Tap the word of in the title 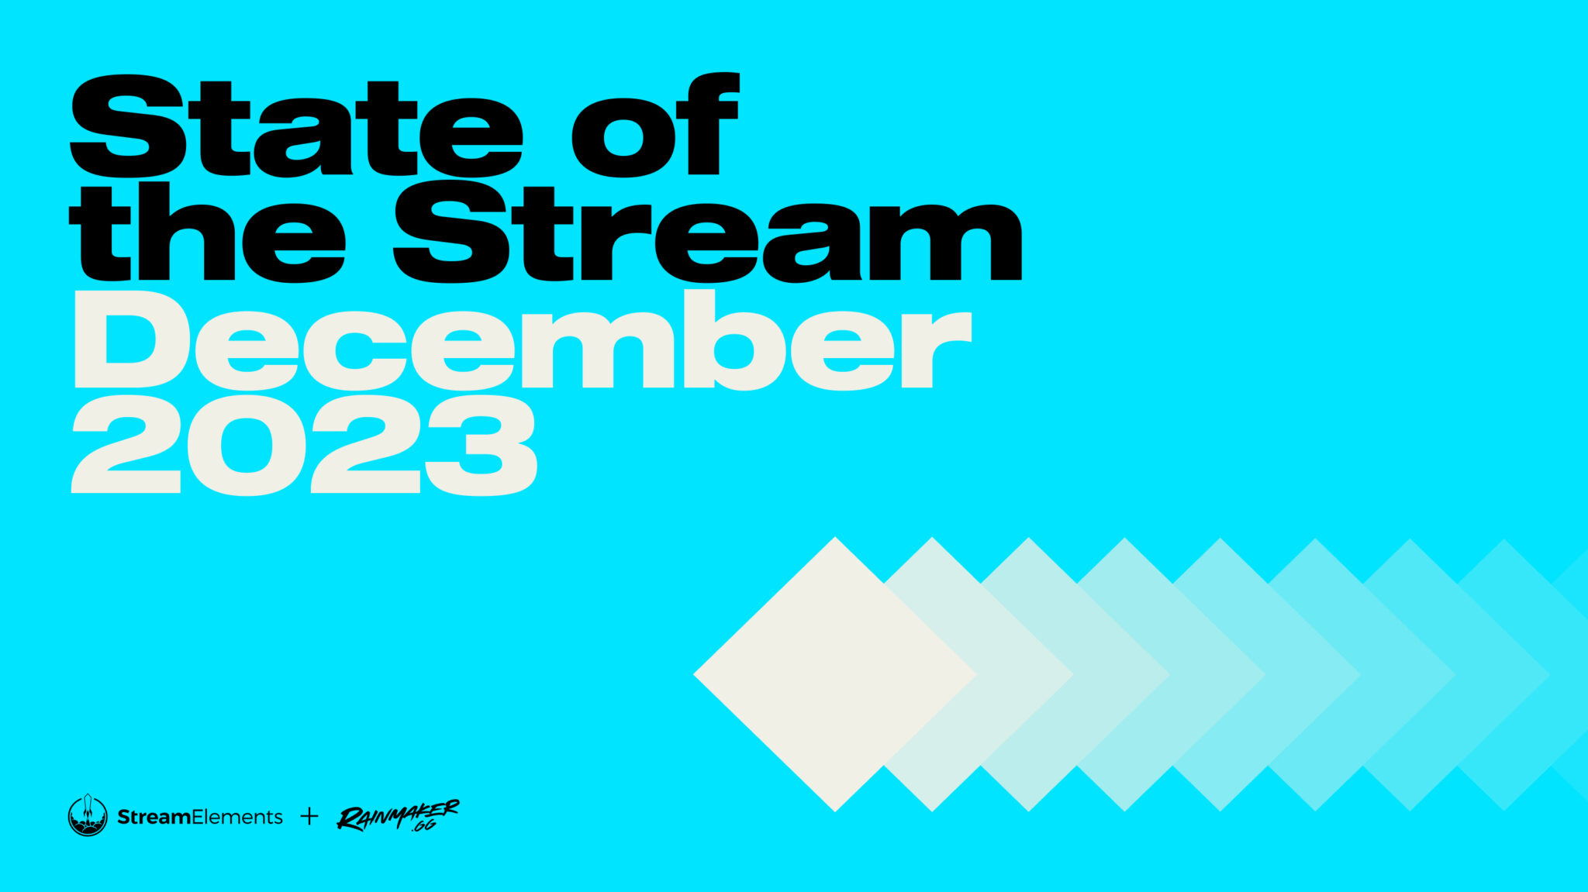coord(655,124)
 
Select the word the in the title coord(207,232)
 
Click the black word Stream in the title coord(708,232)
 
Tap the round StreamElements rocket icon coord(88,816)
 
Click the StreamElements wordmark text coord(199,817)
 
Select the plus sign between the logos coord(309,816)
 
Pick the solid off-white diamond coord(835,674)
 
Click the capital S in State coord(128,126)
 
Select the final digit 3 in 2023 coord(482,445)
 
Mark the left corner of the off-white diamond coord(693,674)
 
